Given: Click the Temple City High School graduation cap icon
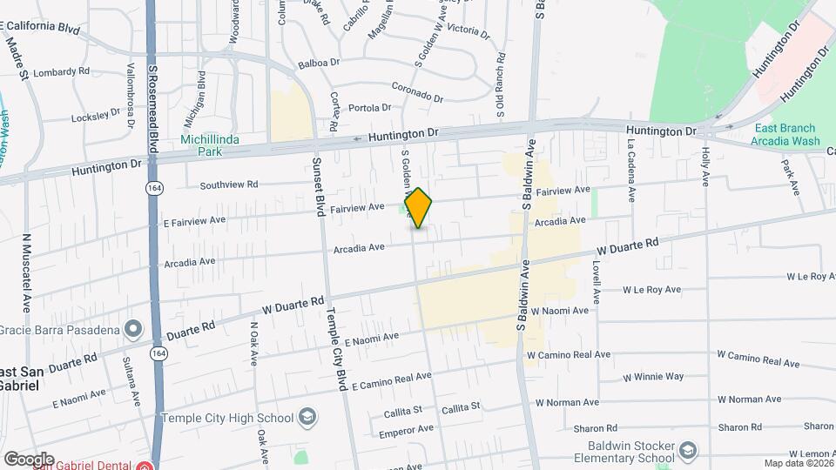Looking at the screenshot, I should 306,417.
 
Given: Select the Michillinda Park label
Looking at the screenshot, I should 201,144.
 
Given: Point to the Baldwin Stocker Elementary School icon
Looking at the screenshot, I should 688,450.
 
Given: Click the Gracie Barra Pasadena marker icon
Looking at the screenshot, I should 132,329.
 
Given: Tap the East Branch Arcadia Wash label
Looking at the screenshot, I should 786,134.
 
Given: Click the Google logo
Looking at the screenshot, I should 28,460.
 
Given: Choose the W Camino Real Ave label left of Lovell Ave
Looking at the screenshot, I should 567,355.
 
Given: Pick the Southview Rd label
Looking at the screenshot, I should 229,185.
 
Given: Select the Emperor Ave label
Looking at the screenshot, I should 407,430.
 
